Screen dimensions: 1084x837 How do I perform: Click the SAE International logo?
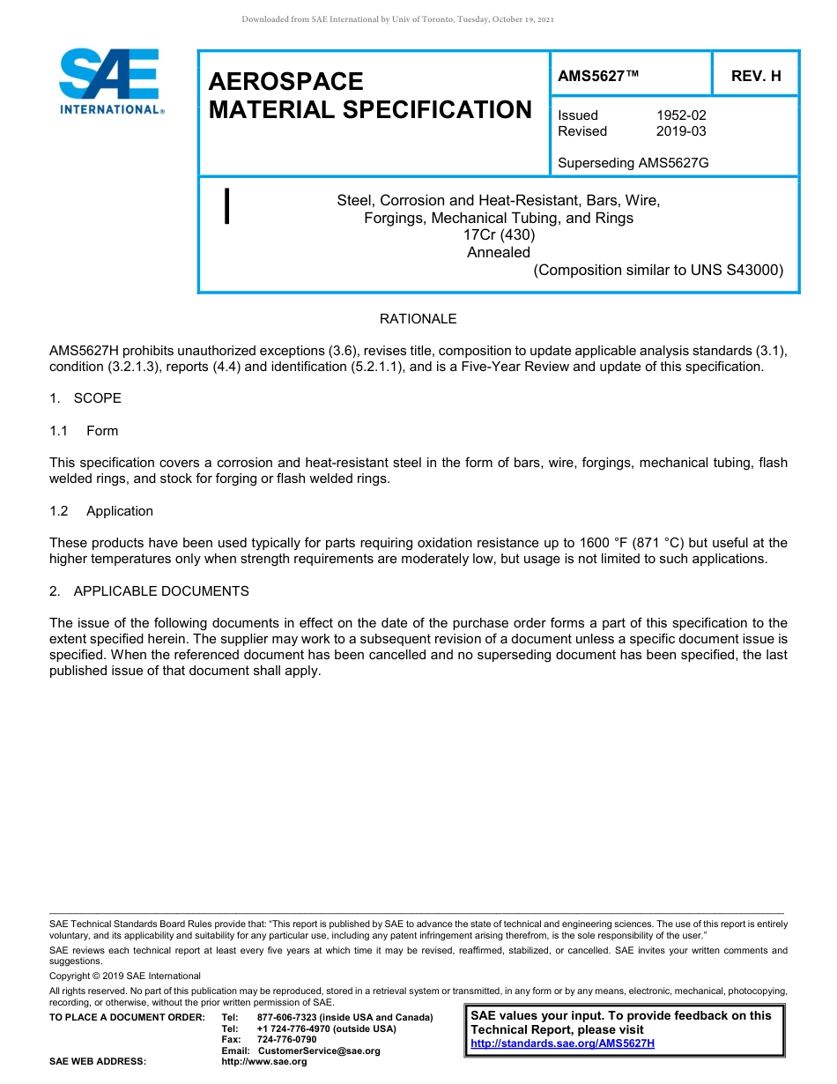(x=110, y=82)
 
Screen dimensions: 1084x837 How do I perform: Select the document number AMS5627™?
(x=597, y=77)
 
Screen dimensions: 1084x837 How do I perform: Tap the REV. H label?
(x=756, y=77)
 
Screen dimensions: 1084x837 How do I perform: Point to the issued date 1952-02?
(x=681, y=115)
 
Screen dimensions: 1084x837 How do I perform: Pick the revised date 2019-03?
(x=681, y=131)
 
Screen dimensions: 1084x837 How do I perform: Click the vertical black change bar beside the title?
(x=227, y=206)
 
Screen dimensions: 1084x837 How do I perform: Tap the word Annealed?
(x=499, y=252)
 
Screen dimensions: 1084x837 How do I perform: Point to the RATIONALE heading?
(x=418, y=319)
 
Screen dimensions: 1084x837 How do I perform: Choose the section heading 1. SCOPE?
(x=85, y=398)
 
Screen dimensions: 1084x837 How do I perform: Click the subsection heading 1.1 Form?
(x=85, y=431)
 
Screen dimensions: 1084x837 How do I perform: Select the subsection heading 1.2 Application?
(x=101, y=511)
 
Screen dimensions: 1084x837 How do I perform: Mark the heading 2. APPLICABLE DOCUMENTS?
(x=149, y=591)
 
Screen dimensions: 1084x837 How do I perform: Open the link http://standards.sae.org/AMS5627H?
(x=562, y=1043)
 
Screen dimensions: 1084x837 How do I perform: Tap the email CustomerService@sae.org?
(x=319, y=1051)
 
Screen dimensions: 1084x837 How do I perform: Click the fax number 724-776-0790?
(x=286, y=1040)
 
